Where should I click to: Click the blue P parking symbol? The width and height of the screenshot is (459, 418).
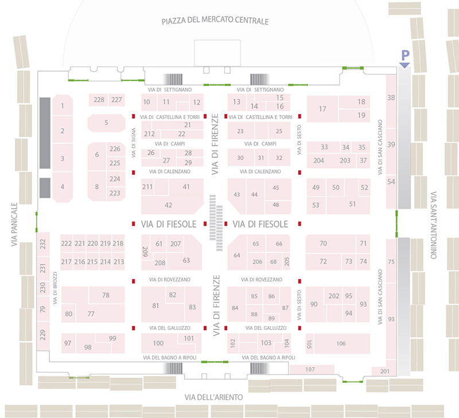point(404,56)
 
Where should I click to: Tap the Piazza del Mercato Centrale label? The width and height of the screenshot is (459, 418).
point(216,22)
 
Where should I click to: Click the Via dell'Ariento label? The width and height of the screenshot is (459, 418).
point(214,397)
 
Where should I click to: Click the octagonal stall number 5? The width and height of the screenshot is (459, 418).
point(106,122)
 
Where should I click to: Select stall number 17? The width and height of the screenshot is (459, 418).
point(322,109)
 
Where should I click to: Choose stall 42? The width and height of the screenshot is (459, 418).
point(168,205)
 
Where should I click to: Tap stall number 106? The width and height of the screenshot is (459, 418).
point(341,343)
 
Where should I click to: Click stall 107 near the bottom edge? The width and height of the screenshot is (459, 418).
point(310,369)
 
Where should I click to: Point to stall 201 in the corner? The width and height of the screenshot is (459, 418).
point(384,371)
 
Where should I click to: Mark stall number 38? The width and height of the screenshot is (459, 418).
point(391,98)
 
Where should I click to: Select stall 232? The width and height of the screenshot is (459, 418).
point(42,244)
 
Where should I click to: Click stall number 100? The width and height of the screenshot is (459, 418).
point(158,343)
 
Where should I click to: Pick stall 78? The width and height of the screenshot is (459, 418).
point(106,295)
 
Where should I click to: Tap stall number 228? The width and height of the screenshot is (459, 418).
point(99,100)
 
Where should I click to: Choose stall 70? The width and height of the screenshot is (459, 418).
point(323,244)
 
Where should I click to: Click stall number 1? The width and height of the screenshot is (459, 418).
point(62,106)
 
